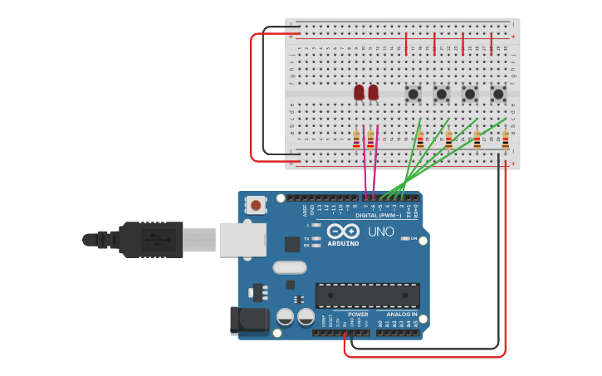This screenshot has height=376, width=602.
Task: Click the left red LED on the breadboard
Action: pos(359,92)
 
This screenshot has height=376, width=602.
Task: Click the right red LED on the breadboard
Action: pos(373,92)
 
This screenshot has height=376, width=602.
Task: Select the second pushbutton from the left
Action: pos(442,94)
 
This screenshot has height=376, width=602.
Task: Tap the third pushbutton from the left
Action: pos(470,94)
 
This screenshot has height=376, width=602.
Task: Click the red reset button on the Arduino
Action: pos(256,204)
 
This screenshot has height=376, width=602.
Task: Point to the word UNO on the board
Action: pos(381,232)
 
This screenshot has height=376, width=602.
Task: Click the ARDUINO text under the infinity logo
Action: pos(343,243)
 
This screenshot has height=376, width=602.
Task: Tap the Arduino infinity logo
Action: pos(343,231)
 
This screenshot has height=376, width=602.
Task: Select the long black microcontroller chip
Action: pos(367,295)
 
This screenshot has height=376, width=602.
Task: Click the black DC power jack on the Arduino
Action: pos(249,321)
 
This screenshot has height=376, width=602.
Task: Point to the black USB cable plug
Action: pos(149,240)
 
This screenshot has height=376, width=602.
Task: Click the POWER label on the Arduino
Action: pos(358,315)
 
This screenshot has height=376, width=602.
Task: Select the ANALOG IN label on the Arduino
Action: pos(402,315)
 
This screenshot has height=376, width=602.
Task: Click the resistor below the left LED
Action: pos(357,140)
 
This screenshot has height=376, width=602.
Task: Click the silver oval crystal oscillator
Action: pos(289,267)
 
